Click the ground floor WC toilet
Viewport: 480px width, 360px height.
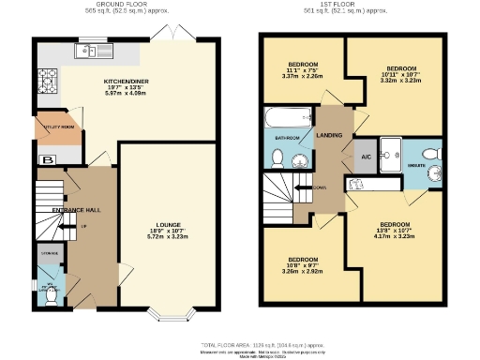click(x=52, y=294)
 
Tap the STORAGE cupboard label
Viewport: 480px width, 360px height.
click(x=49, y=253)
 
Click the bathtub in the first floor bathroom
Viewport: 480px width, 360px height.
click(x=289, y=119)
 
